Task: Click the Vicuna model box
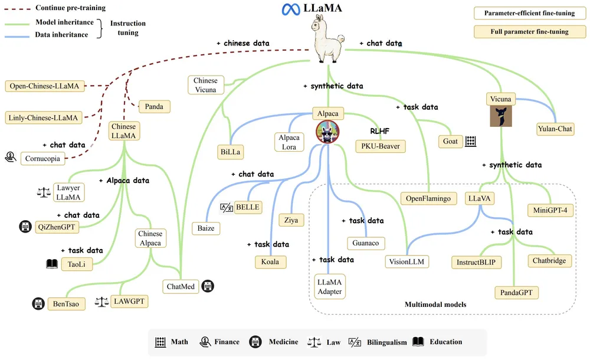point(500,99)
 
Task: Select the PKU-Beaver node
point(380,145)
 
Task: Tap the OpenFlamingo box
point(428,198)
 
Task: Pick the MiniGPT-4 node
point(549,210)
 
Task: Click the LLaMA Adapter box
point(329,286)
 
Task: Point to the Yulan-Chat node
point(555,129)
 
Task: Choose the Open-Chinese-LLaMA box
point(44,86)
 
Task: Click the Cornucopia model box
point(42,158)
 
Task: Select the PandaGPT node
point(516,292)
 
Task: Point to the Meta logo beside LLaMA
point(291,9)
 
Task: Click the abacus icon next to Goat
point(471,141)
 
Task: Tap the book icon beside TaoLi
point(53,264)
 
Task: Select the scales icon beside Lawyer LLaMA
point(44,192)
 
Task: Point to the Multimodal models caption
point(435,305)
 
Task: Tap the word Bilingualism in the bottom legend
point(386,342)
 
